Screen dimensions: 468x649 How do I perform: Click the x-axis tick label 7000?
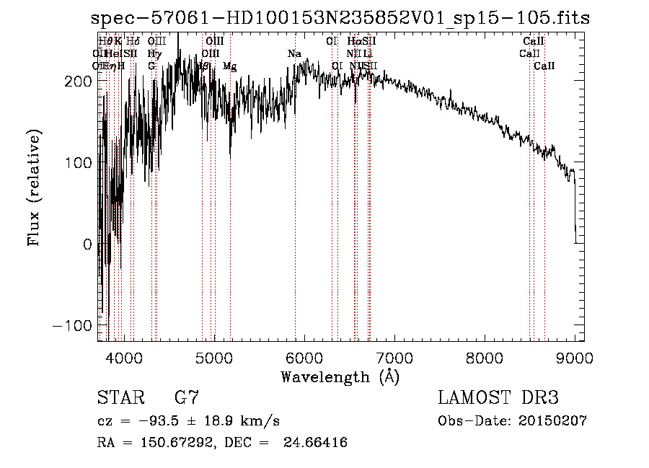[x=394, y=358]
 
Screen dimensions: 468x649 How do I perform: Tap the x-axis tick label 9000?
[x=575, y=358]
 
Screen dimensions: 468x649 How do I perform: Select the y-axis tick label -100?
[x=73, y=325]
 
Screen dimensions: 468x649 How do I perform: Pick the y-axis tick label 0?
[x=87, y=244]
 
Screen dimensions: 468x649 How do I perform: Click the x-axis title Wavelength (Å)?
[x=340, y=376]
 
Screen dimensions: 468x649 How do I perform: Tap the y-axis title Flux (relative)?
[x=35, y=187]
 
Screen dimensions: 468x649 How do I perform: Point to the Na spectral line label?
[x=294, y=53]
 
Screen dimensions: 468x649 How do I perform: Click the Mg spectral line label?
[x=229, y=66]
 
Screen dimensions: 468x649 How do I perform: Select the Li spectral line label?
[x=367, y=53]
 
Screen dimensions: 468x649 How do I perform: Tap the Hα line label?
[x=353, y=41]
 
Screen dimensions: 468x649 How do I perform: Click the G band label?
[x=151, y=66]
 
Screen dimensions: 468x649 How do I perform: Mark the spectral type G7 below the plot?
[x=187, y=398]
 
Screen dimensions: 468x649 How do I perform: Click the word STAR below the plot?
[x=120, y=398]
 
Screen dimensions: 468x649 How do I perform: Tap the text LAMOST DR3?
[x=498, y=398]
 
